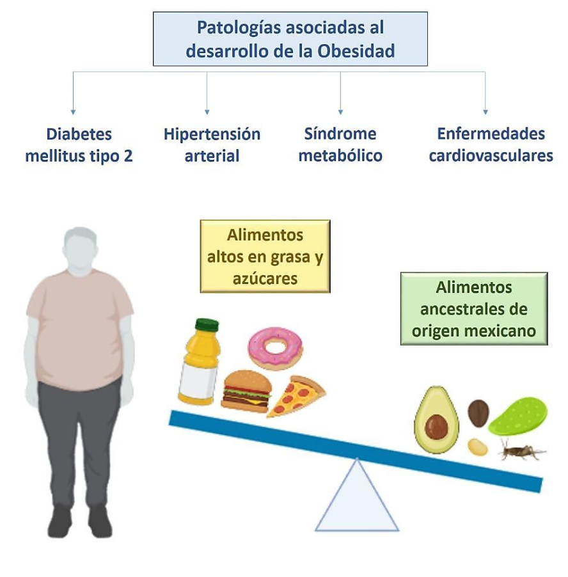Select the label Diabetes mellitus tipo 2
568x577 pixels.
[79, 145]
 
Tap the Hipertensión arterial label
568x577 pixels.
[212, 145]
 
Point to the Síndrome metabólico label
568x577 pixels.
[340, 145]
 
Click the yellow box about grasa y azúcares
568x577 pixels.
[265, 256]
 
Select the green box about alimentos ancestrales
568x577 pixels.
[473, 308]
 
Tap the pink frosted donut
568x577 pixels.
[275, 348]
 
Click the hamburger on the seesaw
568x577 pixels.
[246, 390]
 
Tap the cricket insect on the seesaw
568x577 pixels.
[521, 450]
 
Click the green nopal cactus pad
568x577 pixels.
[519, 416]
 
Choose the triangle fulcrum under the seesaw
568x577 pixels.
[356, 499]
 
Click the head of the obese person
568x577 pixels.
[80, 249]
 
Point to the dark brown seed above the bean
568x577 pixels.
[478, 412]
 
